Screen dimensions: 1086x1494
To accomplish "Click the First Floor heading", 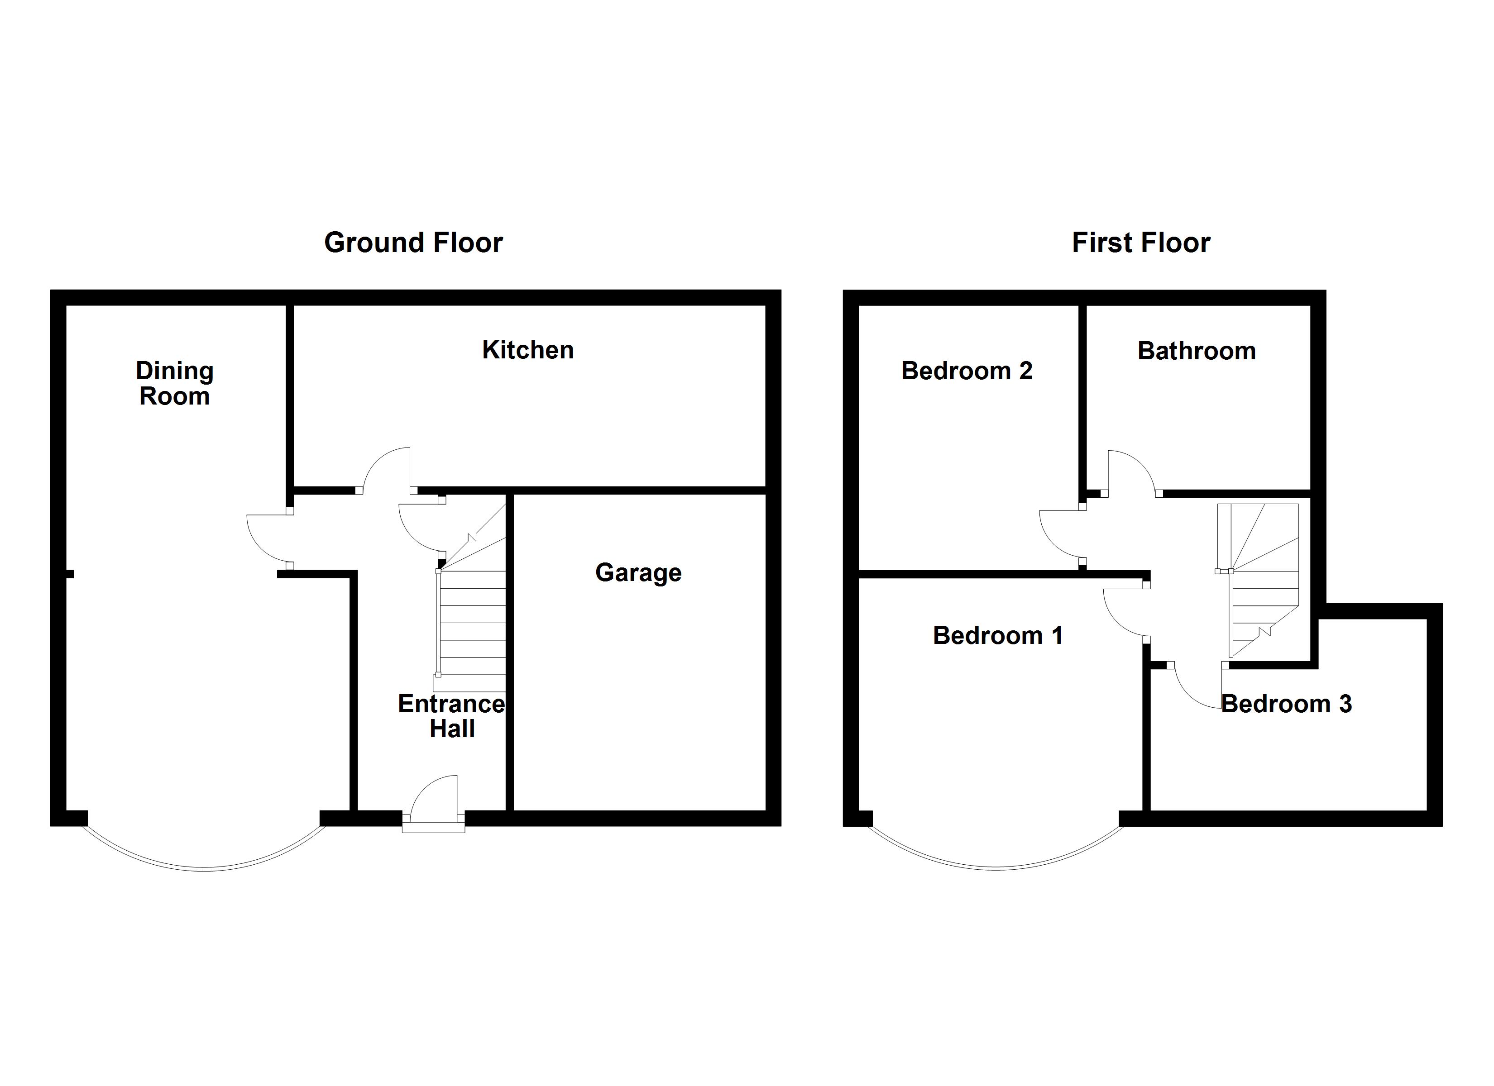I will point(1140,243).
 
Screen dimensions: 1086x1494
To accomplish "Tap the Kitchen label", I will point(527,350).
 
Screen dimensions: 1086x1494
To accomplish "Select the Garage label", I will point(637,572).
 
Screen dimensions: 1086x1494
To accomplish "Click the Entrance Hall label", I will point(451,717).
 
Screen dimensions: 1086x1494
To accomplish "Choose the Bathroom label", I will point(1196,351).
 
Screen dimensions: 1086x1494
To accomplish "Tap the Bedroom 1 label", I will point(997,635).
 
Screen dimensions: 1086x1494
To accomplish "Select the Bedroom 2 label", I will point(967,371).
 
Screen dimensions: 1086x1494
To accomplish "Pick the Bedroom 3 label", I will point(1286,704).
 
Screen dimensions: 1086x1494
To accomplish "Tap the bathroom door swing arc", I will point(1129,470).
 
